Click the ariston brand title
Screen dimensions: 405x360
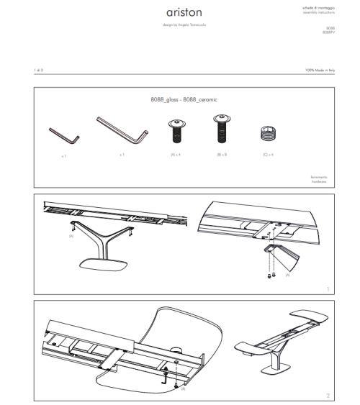(x=181, y=13)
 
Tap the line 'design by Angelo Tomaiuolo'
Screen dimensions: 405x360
(x=181, y=27)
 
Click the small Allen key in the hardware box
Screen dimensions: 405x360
(x=58, y=134)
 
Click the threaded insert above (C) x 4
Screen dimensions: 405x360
(x=266, y=135)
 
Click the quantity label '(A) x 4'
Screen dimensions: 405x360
(x=174, y=155)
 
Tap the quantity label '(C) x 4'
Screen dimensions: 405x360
(x=266, y=155)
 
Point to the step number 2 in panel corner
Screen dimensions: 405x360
(x=327, y=395)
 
